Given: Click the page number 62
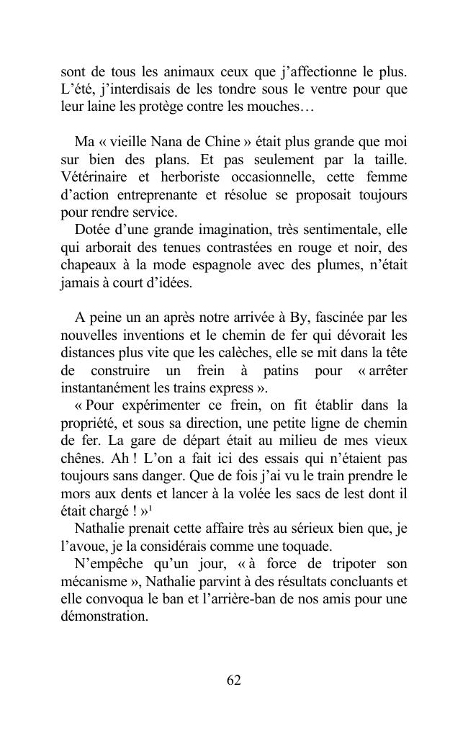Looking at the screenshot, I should [233, 680].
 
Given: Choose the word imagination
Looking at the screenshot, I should [206, 230].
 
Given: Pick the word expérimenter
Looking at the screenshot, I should [151, 405].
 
